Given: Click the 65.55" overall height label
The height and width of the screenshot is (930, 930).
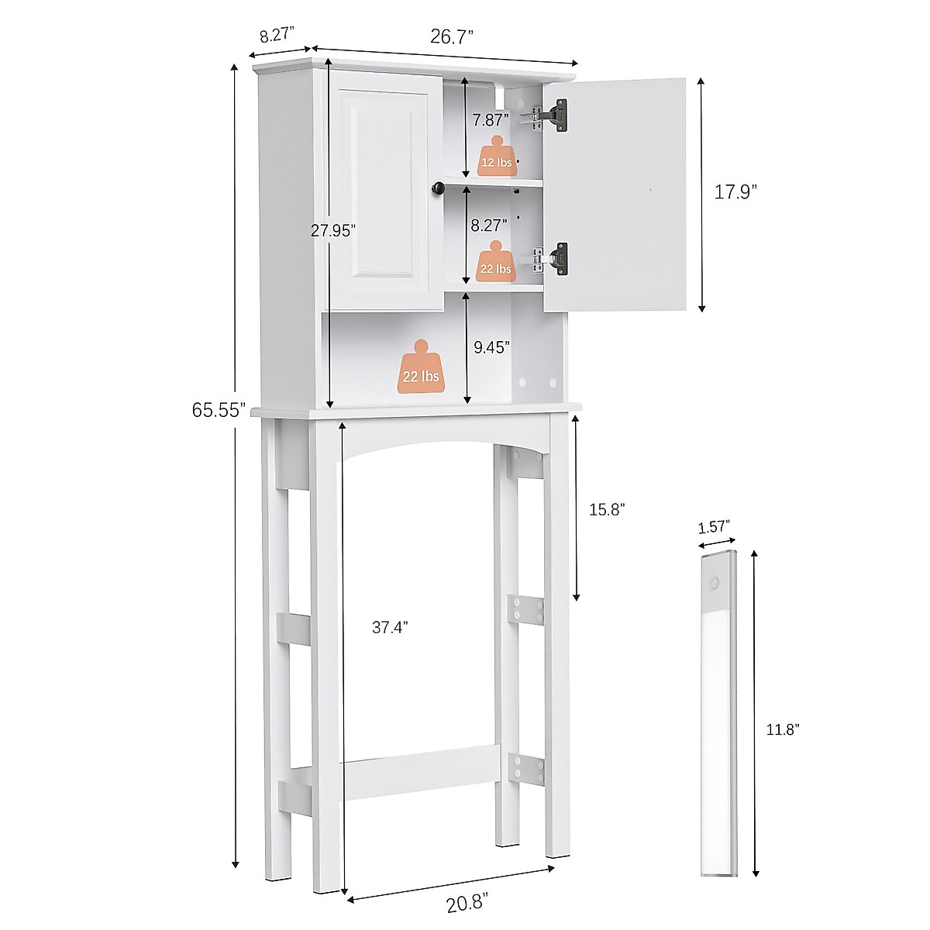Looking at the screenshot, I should (219, 410).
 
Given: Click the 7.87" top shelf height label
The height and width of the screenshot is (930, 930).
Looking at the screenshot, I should (491, 119).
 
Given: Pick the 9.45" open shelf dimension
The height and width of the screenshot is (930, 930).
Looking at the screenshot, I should (491, 347).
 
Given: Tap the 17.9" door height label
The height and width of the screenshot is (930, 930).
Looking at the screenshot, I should (734, 194).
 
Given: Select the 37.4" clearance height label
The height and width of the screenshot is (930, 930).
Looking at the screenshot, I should (389, 628).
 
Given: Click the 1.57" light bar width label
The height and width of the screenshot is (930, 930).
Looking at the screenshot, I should (715, 527).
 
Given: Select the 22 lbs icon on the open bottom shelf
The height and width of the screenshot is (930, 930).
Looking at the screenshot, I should (421, 370).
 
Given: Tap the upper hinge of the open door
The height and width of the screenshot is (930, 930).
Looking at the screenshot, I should (556, 114).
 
